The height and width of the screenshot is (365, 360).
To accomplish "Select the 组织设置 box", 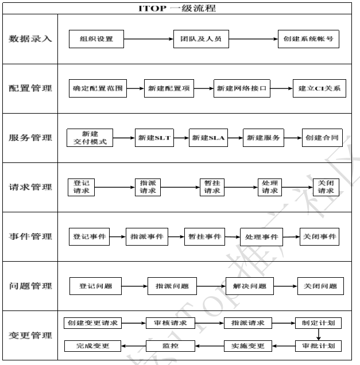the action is [x=96, y=40].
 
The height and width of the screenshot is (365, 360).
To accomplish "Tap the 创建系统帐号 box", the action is [x=307, y=40].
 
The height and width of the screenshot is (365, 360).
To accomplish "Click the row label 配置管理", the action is [x=30, y=88].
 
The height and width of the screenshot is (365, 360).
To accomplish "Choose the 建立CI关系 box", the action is [x=319, y=88].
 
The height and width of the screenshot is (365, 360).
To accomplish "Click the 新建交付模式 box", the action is [x=90, y=138].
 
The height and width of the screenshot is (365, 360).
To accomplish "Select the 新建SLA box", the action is [x=208, y=138].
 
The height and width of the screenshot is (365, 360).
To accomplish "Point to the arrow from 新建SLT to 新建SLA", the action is [x=181, y=138].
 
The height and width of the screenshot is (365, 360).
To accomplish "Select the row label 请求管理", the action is [x=30, y=187].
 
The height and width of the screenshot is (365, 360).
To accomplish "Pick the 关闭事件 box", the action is [x=319, y=236].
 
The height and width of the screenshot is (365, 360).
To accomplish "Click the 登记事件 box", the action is [x=90, y=236].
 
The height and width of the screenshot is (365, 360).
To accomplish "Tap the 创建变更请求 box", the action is [x=92, y=323].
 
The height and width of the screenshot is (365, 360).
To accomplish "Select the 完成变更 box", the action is [x=92, y=346].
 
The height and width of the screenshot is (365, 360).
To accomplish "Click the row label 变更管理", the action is [x=30, y=335].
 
